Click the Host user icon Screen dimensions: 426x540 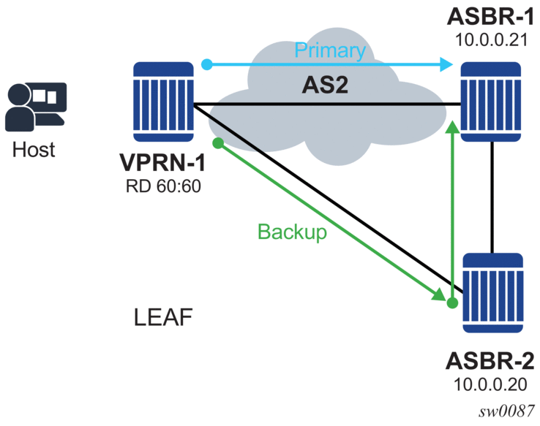pyautogui.click(x=35, y=107)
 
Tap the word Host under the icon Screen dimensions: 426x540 pyautogui.click(x=34, y=149)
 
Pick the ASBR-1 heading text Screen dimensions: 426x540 pyautogui.click(x=490, y=15)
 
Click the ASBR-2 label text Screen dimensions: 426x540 pyautogui.click(x=492, y=361)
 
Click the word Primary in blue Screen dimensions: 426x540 pyautogui.click(x=329, y=50)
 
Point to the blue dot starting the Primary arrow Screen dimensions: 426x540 pyautogui.click(x=207, y=65)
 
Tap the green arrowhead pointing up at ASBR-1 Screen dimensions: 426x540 pyautogui.click(x=454, y=126)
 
